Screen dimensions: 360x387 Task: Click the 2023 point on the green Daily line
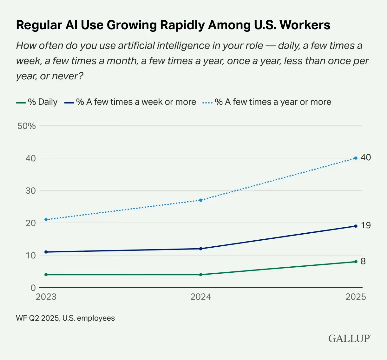46,275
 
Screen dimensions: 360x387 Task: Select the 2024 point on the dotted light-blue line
201,200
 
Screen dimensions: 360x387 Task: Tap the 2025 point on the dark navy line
356,226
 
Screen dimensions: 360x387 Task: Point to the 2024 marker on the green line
201,275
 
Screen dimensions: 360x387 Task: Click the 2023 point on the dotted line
46,219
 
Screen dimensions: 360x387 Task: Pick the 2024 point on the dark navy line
201,249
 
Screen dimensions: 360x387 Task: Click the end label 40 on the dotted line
366,157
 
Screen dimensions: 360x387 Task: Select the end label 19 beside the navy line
366,225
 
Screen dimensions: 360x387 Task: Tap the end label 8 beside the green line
363,261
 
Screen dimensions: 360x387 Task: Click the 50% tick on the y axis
27,126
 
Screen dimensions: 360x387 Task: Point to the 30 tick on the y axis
31,191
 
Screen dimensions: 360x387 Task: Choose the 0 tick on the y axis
33,288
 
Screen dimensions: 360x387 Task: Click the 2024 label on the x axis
201,297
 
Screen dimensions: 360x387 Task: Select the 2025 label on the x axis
356,297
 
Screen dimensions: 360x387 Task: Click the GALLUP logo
349,338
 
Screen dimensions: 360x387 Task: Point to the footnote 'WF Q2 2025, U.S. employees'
65,318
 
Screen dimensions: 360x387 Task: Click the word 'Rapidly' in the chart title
183,25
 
